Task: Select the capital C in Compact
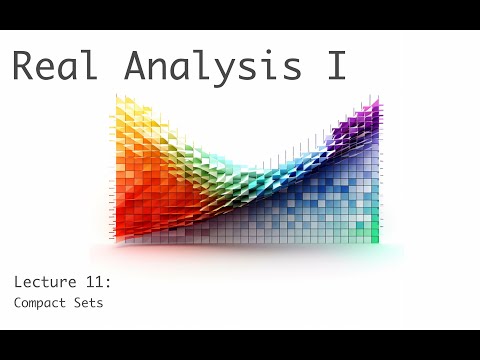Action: [18, 301]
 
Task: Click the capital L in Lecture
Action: [18, 281]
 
